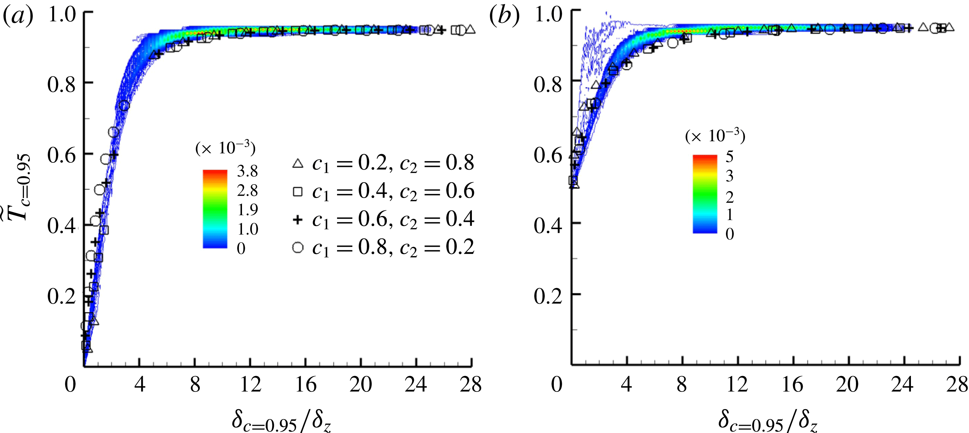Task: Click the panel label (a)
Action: pyautogui.click(x=18, y=16)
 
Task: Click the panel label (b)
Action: pyautogui.click(x=504, y=16)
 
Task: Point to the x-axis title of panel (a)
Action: pyautogui.click(x=281, y=421)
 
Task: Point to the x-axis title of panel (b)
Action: pyautogui.click(x=768, y=421)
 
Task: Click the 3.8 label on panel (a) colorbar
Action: pyautogui.click(x=247, y=171)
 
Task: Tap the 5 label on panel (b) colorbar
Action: pyautogui.click(x=729, y=156)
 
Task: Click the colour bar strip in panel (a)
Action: pyautogui.click(x=215, y=209)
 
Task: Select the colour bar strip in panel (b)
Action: pyautogui.click(x=705, y=194)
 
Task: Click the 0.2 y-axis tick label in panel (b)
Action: pyautogui.click(x=548, y=296)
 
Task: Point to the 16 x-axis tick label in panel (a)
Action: pyautogui.click(x=306, y=385)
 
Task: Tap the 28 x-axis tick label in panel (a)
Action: pyautogui.click(x=470, y=385)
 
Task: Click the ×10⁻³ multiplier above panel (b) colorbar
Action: pyautogui.click(x=715, y=136)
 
